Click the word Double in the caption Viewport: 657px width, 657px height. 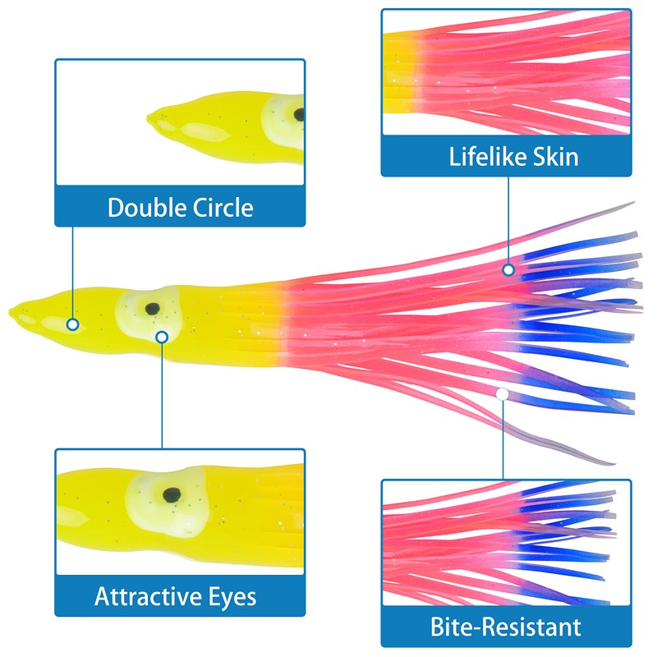pyautogui.click(x=143, y=207)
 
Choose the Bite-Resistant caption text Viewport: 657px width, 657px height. pyautogui.click(x=506, y=628)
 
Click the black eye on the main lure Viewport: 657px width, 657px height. pyautogui.click(x=152, y=309)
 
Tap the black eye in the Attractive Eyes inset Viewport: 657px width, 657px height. pyautogui.click(x=172, y=494)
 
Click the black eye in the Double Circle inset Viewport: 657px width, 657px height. pyautogui.click(x=299, y=114)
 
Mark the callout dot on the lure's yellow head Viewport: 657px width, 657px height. pyautogui.click(x=73, y=324)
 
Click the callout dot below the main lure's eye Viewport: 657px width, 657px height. pyautogui.click(x=163, y=336)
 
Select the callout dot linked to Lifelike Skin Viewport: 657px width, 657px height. pyautogui.click(x=508, y=269)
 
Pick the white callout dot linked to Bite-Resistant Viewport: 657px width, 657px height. pyautogui.click(x=502, y=394)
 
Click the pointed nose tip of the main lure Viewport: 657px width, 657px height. pyautogui.click(x=12, y=310)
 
